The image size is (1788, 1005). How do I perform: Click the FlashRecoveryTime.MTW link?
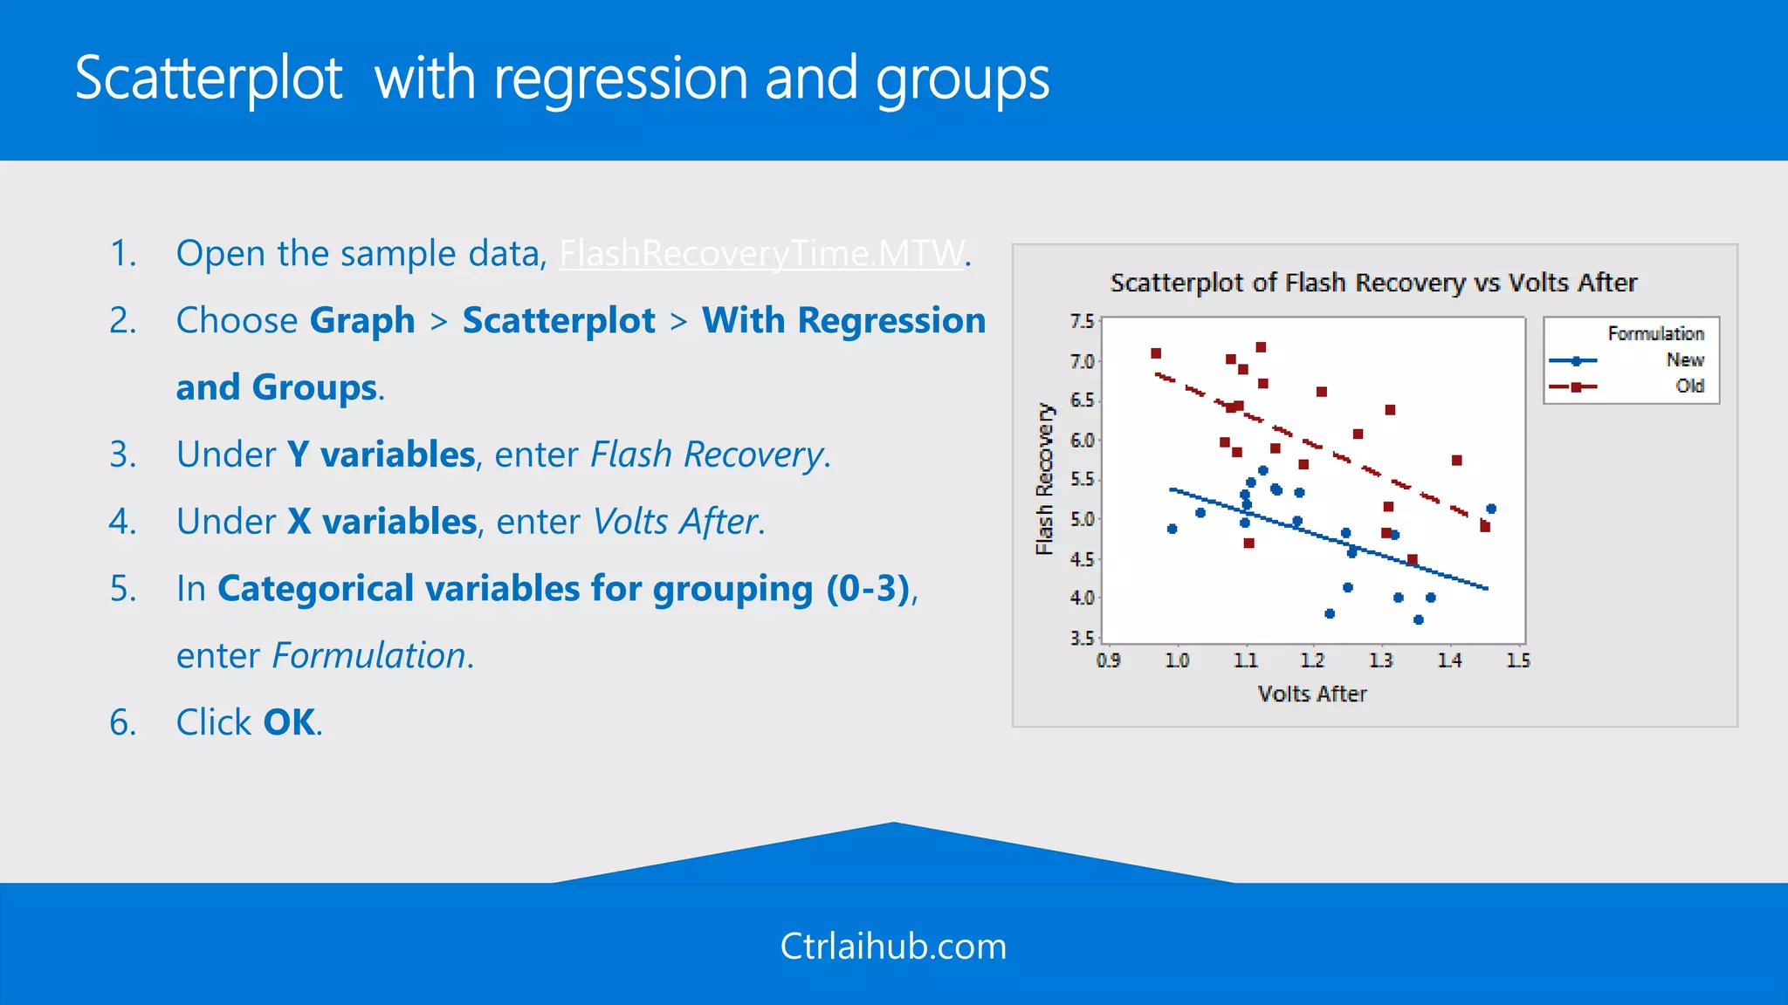click(x=762, y=254)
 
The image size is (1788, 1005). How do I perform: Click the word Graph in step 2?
click(x=362, y=321)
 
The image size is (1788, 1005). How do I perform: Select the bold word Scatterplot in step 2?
click(x=559, y=321)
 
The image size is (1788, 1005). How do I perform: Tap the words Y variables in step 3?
click(x=381, y=455)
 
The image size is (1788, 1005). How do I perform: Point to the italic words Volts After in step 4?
click(x=675, y=522)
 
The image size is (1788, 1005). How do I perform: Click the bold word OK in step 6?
click(x=289, y=723)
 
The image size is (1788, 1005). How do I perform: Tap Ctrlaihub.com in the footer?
click(x=893, y=947)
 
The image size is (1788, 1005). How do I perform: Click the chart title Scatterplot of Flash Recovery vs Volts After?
click(x=1373, y=283)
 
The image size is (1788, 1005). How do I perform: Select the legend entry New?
click(x=1684, y=360)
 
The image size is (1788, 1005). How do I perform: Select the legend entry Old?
click(x=1689, y=386)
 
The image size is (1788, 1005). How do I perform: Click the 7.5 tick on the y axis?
click(x=1082, y=322)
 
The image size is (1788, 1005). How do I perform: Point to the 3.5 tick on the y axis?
click(x=1082, y=638)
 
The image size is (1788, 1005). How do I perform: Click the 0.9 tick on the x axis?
click(x=1109, y=660)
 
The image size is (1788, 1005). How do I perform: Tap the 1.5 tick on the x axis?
click(x=1518, y=660)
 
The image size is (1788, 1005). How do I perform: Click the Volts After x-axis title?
click(x=1311, y=694)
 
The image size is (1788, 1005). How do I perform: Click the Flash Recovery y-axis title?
click(x=1044, y=479)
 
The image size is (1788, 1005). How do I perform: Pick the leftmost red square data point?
click(x=1156, y=353)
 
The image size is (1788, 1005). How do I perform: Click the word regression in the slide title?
click(x=621, y=79)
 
